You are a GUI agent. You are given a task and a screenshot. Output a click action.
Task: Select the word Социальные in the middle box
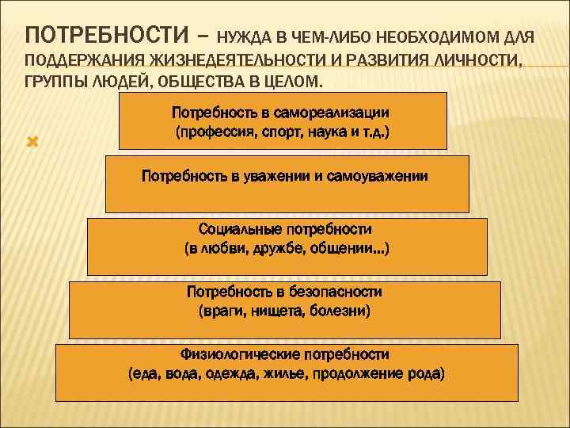(x=235, y=230)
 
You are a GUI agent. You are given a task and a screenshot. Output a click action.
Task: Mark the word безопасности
(x=331, y=292)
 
